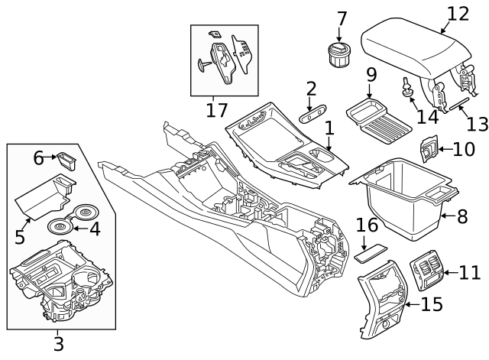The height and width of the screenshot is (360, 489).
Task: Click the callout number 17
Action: (x=216, y=111)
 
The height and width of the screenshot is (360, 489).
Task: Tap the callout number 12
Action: (x=458, y=13)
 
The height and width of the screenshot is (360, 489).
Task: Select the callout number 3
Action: (x=58, y=343)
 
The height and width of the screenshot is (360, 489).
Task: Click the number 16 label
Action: (x=367, y=225)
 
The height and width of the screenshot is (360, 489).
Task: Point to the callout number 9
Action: (x=371, y=76)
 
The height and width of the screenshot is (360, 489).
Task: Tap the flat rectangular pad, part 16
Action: (x=369, y=252)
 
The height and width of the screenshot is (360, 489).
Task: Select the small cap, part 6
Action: (x=66, y=161)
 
